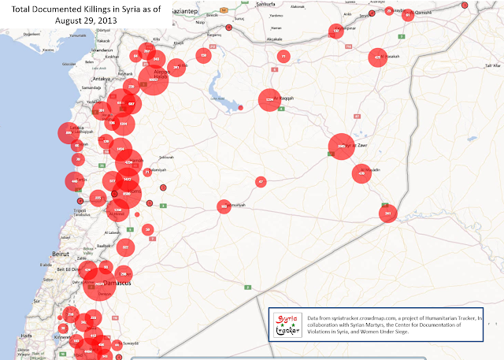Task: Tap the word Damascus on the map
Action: coord(117,281)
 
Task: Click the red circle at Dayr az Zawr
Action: coord(341,147)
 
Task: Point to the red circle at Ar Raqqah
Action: coord(270,100)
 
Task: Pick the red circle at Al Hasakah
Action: coord(378,58)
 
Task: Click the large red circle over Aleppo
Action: coord(154,80)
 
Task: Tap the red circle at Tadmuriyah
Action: coord(224,206)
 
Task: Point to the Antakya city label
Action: coord(101,79)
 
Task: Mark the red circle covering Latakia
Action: coord(70,134)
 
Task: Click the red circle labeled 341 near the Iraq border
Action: coord(387,213)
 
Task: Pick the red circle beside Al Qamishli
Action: coord(408,14)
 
